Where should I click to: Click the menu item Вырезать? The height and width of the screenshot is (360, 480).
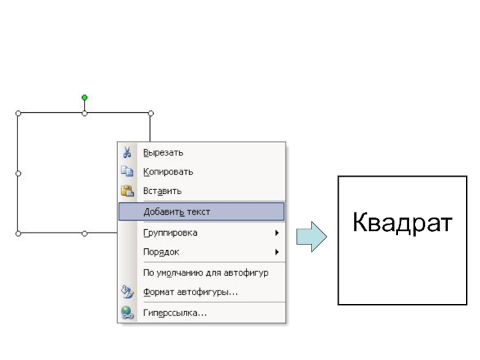pos(163,153)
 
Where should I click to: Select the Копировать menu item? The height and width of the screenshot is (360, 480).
pos(168,172)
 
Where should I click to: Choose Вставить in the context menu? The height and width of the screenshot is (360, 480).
pos(162,191)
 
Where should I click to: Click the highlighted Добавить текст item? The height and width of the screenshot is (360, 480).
pos(176,212)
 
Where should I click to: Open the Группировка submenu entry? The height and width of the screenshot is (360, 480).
pos(170,233)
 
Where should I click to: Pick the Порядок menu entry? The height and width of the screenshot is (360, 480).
pos(161,253)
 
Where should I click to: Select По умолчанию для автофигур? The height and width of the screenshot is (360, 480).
pos(205,273)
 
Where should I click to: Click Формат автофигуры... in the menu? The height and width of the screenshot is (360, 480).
pos(190,293)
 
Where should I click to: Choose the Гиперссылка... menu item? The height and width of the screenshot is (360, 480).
pos(175,313)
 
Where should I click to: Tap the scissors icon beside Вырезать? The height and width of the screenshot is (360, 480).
pos(127,153)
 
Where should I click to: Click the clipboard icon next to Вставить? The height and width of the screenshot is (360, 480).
pos(127,191)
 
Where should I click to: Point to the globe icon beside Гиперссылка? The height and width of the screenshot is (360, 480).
pos(127,313)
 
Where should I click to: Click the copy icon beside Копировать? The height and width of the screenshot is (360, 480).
pos(127,172)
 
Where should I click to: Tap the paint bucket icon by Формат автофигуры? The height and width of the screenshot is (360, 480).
pos(127,292)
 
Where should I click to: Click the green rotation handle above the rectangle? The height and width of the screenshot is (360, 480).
pos(85,97)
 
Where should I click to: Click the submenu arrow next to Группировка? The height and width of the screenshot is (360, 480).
pos(277,233)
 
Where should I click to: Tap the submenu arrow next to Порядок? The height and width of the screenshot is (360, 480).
pos(277,253)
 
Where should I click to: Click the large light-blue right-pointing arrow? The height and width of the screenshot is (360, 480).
pos(311,236)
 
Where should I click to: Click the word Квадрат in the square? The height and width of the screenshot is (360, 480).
pos(402,222)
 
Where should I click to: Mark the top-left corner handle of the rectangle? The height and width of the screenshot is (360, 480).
pos(18,113)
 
